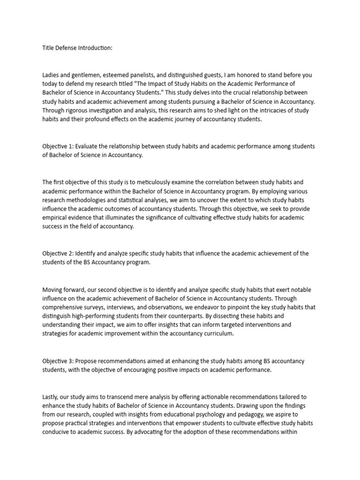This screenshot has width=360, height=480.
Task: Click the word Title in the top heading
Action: pos(48,48)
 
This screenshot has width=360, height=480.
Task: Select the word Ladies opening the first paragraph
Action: pos(51,75)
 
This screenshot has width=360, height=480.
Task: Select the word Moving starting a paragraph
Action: pos(53,289)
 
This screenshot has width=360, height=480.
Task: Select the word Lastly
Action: pos(51,396)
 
